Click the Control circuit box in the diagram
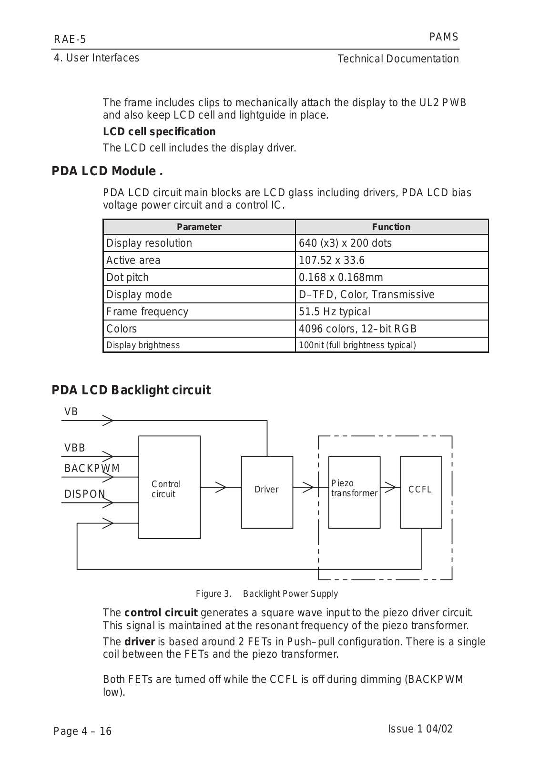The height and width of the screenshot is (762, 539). (169, 487)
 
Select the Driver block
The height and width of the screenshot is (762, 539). (267, 492)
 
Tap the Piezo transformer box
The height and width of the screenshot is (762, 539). (354, 492)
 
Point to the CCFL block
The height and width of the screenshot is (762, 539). (421, 492)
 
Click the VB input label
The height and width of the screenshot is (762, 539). (71, 412)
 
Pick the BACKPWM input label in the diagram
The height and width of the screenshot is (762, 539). (92, 468)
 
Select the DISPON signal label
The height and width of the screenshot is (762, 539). (85, 494)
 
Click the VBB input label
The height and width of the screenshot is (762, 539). (75, 448)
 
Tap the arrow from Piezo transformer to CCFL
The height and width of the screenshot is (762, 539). (390, 487)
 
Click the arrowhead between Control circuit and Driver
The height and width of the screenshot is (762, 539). (220, 487)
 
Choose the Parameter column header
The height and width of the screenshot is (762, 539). (199, 227)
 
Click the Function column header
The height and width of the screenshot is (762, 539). (391, 227)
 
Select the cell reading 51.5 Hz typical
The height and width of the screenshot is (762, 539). (334, 311)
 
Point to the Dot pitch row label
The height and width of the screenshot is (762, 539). (127, 277)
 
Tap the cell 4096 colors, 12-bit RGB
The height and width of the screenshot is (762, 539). (357, 329)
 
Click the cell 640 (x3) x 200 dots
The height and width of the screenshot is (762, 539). (345, 243)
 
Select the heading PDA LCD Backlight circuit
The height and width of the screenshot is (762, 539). (131, 390)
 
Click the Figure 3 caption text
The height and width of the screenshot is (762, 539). (267, 594)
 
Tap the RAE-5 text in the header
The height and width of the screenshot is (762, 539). (70, 39)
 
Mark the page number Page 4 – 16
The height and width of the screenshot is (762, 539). (82, 731)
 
